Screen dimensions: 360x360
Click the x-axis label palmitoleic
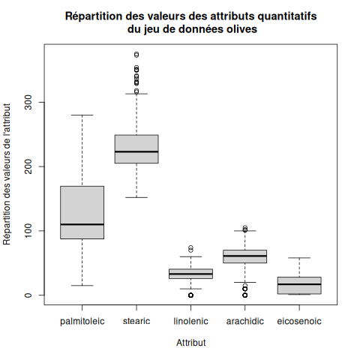[82, 321]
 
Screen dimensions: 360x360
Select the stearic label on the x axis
[136, 321]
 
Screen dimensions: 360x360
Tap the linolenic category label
[190, 321]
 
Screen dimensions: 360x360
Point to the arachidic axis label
[245, 321]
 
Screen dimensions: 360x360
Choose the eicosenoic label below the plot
[299, 321]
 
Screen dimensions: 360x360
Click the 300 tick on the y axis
[28, 102]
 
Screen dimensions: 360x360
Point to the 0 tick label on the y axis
[28, 295]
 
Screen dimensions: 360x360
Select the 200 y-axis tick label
[28, 166]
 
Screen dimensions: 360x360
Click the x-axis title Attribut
[191, 343]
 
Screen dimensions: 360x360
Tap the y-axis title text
[7, 174]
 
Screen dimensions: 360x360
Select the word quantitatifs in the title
[287, 16]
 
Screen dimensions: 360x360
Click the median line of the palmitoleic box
[82, 224]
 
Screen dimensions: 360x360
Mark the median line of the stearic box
[136, 151]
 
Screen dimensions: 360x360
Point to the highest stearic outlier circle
[136, 55]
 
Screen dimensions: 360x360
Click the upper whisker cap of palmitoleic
[82, 115]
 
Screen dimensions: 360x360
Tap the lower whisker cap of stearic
[136, 197]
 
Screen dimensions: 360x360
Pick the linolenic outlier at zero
[190, 295]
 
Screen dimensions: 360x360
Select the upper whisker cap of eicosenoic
[299, 258]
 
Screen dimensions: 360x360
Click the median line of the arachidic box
[245, 256]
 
